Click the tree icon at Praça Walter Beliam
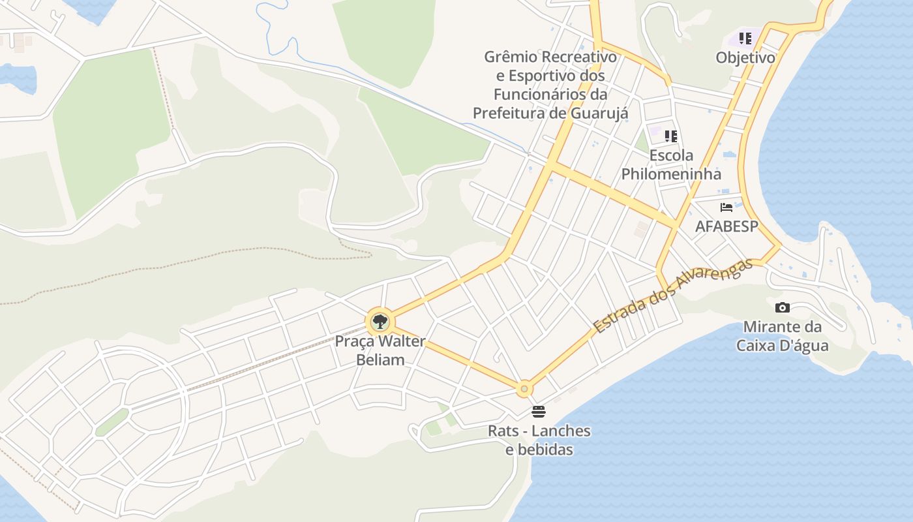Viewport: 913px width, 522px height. pyautogui.click(x=380, y=321)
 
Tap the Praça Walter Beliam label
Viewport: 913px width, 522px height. pyautogui.click(x=380, y=350)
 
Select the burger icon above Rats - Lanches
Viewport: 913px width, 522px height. pyautogui.click(x=539, y=412)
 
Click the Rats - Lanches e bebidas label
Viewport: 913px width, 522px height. pyautogui.click(x=539, y=440)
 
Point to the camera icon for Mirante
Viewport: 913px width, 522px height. pyautogui.click(x=783, y=307)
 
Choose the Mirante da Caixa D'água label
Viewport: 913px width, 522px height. pyautogui.click(x=783, y=336)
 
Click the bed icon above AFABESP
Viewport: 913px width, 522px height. pyautogui.click(x=726, y=207)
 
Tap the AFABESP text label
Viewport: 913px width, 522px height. pyautogui.click(x=726, y=226)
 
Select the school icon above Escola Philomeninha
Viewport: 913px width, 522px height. pyautogui.click(x=671, y=136)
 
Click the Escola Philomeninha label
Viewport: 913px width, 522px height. pyautogui.click(x=671, y=164)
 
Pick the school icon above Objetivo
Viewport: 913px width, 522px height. pyautogui.click(x=745, y=38)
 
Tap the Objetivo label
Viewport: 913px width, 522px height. pyautogui.click(x=745, y=57)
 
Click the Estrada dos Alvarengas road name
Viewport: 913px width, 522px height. pyautogui.click(x=674, y=296)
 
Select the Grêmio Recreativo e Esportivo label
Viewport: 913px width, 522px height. pyautogui.click(x=550, y=85)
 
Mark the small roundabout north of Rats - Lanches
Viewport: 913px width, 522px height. pyautogui.click(x=524, y=389)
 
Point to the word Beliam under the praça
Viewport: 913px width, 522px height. pyautogui.click(x=380, y=360)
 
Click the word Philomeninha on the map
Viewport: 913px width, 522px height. pyautogui.click(x=671, y=174)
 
